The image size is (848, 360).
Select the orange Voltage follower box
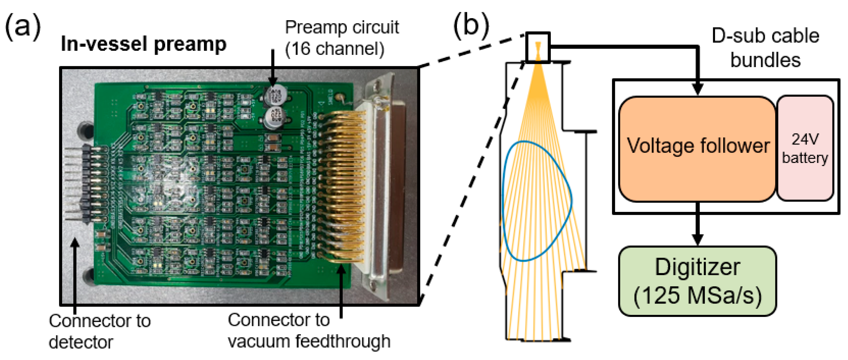point(697,149)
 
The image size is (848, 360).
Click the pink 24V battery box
point(805,148)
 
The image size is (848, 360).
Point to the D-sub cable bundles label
point(765,48)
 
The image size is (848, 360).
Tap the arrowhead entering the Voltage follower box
point(697,89)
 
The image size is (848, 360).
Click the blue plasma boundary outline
point(572,197)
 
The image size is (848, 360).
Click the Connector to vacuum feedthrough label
point(309,330)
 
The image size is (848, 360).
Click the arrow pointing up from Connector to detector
point(75,273)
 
